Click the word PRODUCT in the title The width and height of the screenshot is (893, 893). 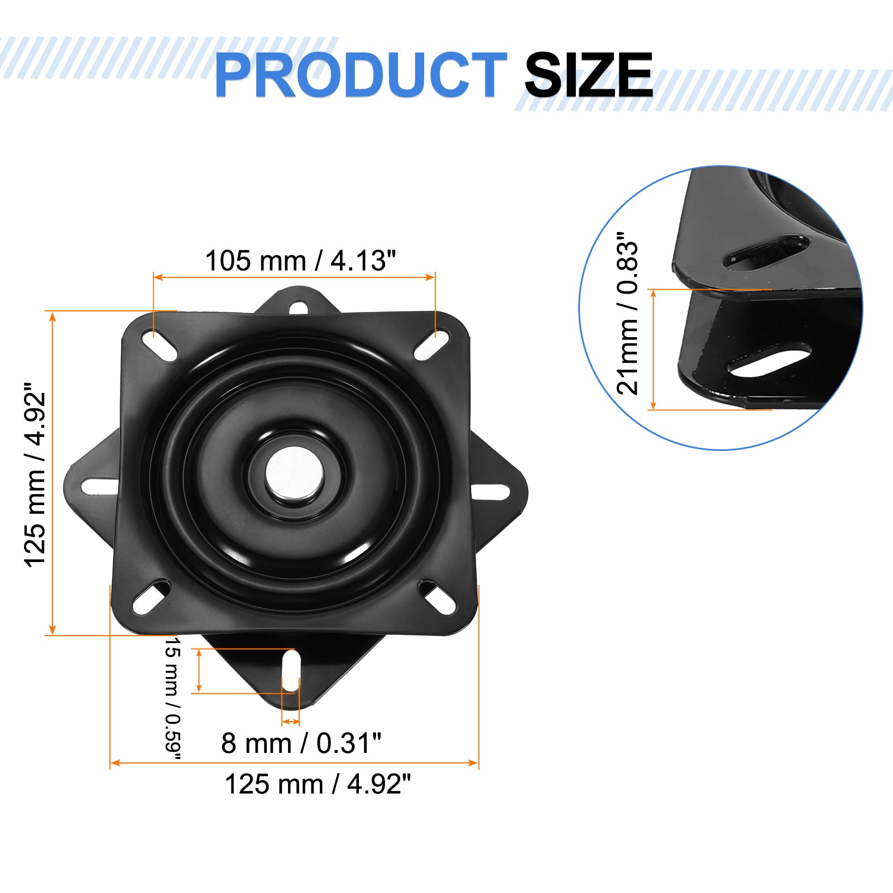(x=361, y=75)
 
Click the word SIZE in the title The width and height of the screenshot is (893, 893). (x=588, y=75)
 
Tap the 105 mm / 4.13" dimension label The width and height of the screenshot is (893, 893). (x=300, y=261)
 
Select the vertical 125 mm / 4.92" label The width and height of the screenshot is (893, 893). (x=35, y=475)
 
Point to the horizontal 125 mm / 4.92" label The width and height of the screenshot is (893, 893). (x=318, y=784)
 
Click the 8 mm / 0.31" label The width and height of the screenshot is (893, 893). (x=301, y=743)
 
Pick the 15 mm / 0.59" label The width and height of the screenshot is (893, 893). (x=173, y=699)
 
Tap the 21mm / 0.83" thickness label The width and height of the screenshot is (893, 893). (x=627, y=313)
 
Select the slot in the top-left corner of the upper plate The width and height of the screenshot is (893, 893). (x=160, y=345)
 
